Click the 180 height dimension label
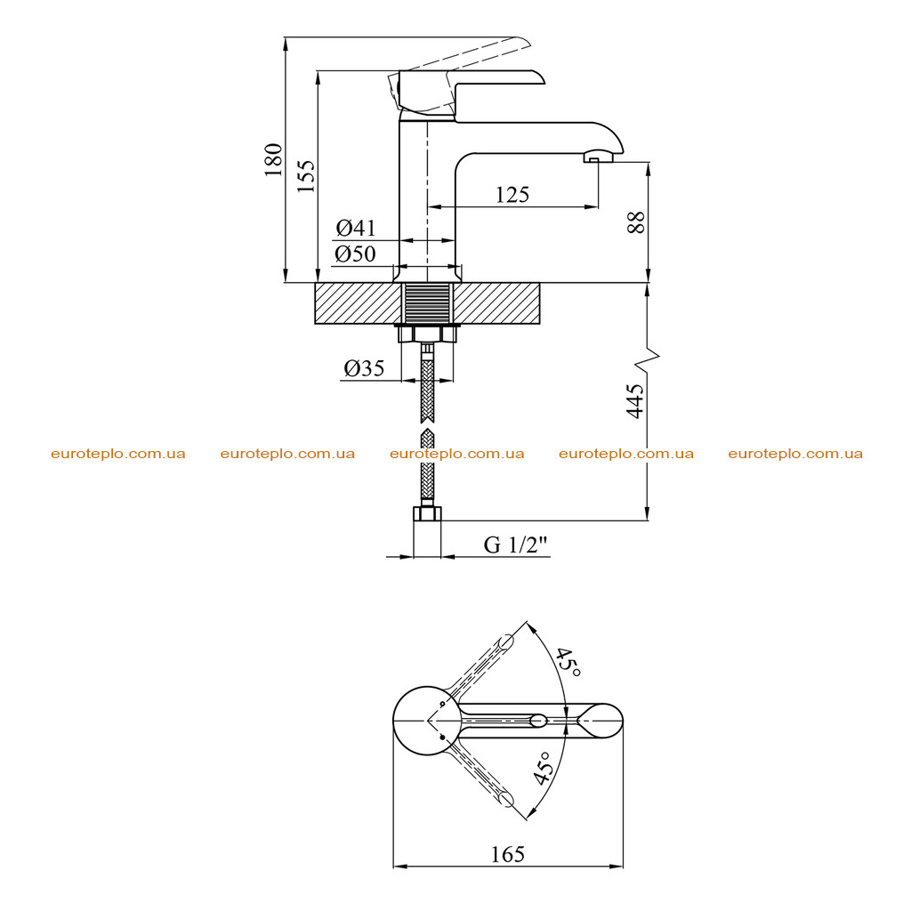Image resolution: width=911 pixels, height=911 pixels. tap(273, 160)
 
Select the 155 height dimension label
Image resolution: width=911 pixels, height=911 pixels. tap(306, 176)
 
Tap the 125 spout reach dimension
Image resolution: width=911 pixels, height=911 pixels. tap(512, 195)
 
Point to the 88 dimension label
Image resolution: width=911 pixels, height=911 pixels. tap(636, 222)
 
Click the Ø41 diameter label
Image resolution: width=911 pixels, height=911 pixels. tap(356, 228)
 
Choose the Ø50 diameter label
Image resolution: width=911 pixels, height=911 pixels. tap(355, 254)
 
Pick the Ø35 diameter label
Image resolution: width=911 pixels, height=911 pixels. tap(364, 367)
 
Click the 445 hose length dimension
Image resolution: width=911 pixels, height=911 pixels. tap(635, 401)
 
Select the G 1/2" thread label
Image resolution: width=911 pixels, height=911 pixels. tap(516, 544)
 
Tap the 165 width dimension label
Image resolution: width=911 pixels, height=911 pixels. tap(508, 854)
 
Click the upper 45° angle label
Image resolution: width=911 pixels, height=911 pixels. tap(567, 662)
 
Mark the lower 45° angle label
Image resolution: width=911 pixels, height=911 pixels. tap(542, 768)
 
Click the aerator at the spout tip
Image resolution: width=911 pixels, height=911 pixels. tap(598, 157)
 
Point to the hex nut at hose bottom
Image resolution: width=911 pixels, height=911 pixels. tap(427, 513)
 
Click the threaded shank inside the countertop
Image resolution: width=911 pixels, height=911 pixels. tap(427, 302)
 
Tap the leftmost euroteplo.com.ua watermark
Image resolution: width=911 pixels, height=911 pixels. tap(118, 454)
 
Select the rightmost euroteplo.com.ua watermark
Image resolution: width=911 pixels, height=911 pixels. tap(795, 454)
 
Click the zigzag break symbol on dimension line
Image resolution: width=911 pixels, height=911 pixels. tap(648, 360)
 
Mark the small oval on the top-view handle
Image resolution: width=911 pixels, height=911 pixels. tap(538, 721)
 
